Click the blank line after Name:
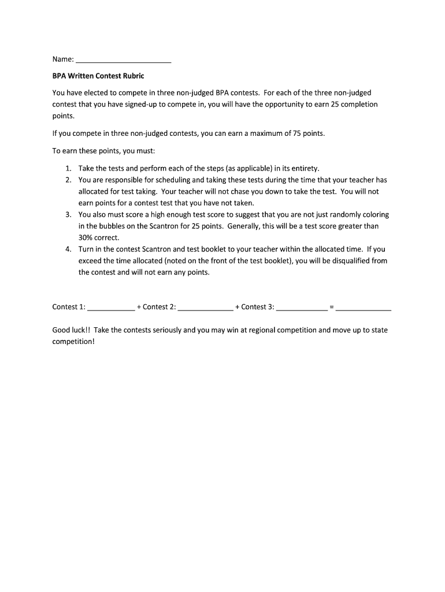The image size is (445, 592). (x=124, y=60)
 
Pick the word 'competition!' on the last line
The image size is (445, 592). (x=73, y=342)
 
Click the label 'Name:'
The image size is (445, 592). (x=63, y=60)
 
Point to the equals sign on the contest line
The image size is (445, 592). (x=331, y=307)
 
